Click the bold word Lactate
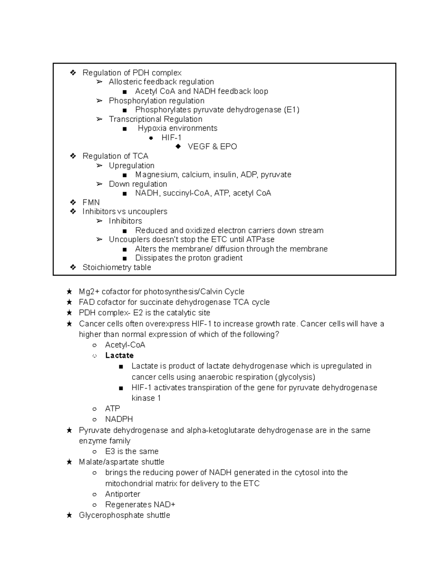tap(119, 355)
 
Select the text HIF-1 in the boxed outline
tap(171, 137)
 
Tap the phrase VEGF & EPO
tap(212, 146)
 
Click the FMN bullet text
tap(91, 202)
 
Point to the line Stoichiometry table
tap(116, 267)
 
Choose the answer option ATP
tap(112, 409)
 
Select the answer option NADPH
tap(119, 419)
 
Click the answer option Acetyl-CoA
tap(125, 345)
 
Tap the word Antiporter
tap(122, 494)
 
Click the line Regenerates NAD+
tap(140, 505)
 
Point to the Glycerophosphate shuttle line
tap(124, 515)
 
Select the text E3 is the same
tap(132, 451)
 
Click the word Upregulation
tap(131, 165)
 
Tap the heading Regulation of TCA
tap(115, 156)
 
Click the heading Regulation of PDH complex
tap(132, 72)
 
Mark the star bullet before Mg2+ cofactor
tap(69, 291)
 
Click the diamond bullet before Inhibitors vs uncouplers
tap(73, 211)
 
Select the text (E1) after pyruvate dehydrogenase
tap(292, 110)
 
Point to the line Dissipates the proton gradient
tap(189, 258)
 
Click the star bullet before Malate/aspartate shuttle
tap(69, 462)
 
